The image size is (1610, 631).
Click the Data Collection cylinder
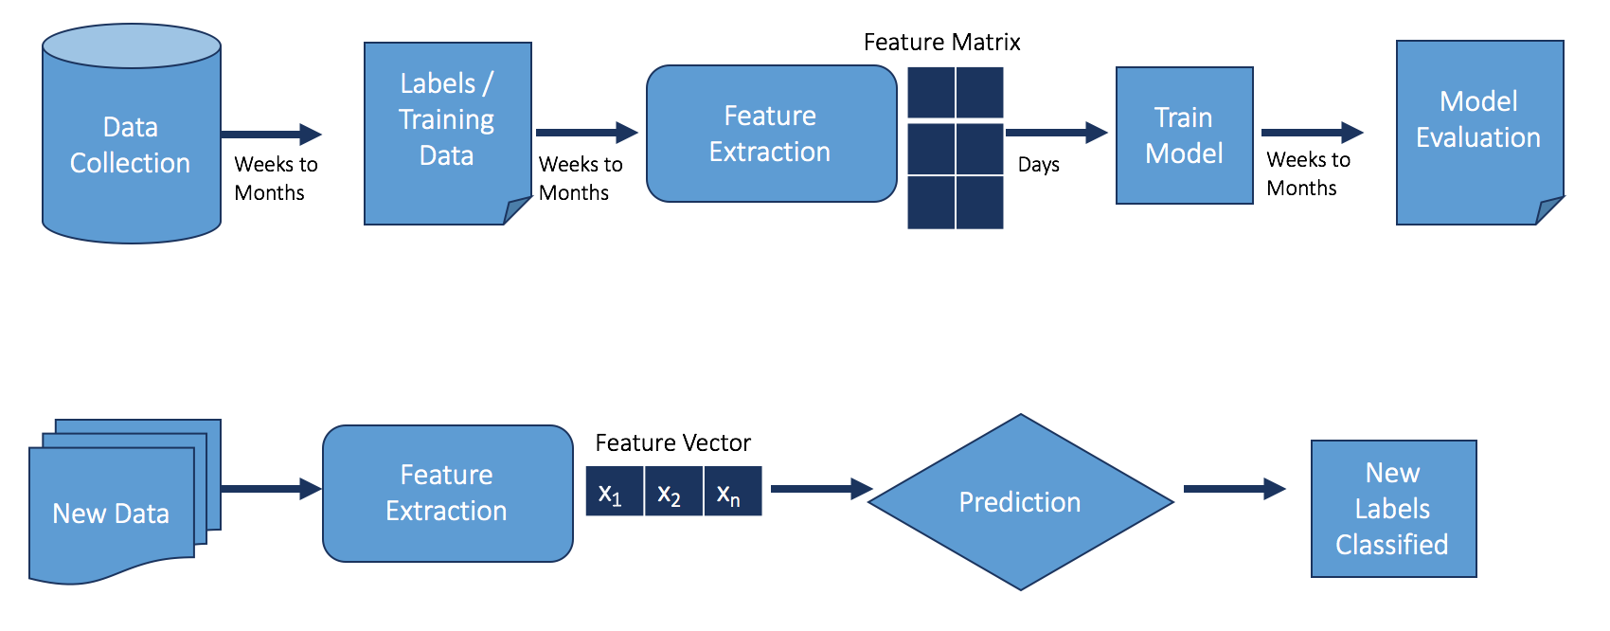coord(132,134)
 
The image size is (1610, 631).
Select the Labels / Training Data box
coord(448,134)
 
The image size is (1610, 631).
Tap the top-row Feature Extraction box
coord(771,134)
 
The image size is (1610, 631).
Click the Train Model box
coord(1185,135)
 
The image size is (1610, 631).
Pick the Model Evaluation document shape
coord(1480,133)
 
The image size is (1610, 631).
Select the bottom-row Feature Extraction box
coord(448,494)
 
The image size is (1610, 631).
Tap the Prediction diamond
coord(1021,502)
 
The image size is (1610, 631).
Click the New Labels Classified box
coord(1394,509)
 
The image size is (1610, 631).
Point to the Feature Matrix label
coord(941,43)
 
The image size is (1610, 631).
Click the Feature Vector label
coord(672,442)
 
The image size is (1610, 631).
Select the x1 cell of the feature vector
coord(615,492)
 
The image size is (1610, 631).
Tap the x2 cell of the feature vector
coord(673,492)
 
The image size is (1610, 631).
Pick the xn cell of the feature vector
coord(733,492)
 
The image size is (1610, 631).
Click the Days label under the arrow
coord(1039,165)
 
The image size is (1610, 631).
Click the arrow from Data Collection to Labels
coord(272,134)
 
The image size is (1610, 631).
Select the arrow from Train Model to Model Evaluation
coord(1313,133)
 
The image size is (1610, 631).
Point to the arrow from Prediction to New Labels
coord(1235,489)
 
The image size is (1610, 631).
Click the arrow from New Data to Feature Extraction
coord(272,489)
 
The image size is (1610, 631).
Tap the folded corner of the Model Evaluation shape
coord(1547,211)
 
